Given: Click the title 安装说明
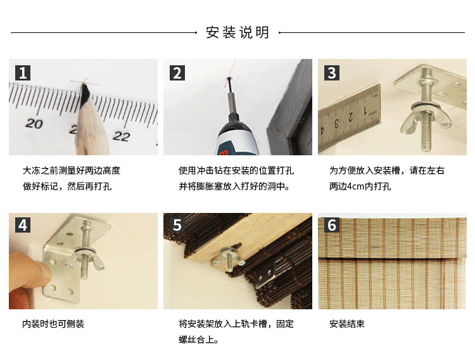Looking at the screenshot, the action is coord(237,32).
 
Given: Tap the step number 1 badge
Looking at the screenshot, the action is coord(23,73).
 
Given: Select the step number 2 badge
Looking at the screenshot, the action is coord(177,73).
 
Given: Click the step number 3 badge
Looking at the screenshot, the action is coord(332,73).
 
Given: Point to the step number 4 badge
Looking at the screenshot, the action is coord(23,225).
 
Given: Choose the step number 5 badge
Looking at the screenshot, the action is coord(177,225).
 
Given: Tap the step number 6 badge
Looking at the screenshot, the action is coord(332,225).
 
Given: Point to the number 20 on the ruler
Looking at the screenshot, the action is coord(34,124).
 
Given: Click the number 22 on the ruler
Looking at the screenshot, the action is coord(122,136).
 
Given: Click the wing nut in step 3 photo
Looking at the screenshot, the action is coord(426,120).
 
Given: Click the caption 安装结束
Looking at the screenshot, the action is coord(347,324).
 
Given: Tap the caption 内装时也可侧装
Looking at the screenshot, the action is coord(53,324).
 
